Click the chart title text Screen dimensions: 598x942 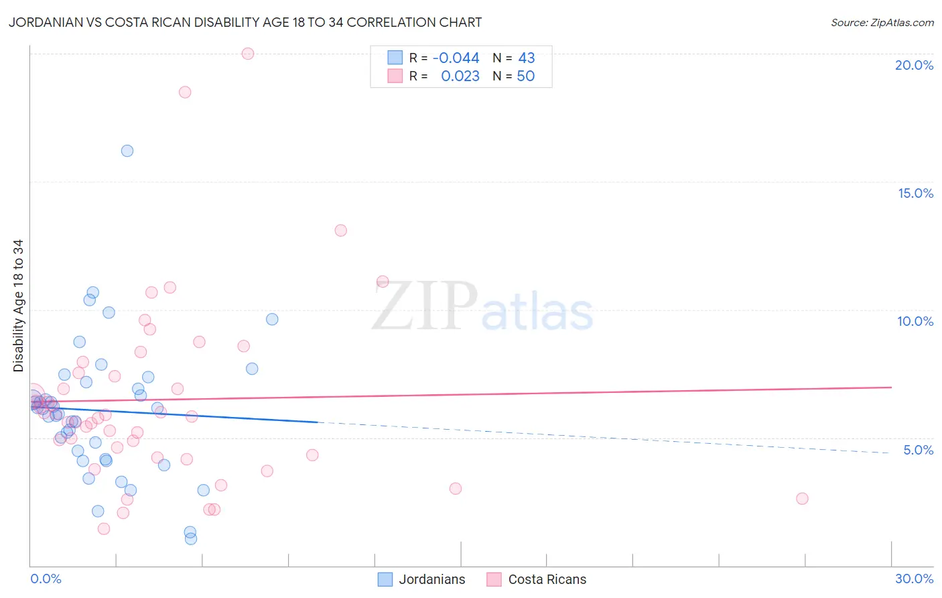pos(245,22)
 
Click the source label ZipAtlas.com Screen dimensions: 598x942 pos(882,22)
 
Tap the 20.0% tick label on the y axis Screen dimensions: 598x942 pos(914,65)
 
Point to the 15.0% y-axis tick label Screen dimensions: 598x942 pos(915,193)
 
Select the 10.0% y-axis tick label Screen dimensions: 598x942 pos(915,321)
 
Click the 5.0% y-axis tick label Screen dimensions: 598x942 pos(918,450)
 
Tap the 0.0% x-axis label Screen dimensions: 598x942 pos(46,579)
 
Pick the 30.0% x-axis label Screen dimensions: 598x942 pos(914,579)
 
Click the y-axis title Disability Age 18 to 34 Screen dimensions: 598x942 pos(18,306)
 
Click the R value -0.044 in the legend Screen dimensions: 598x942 pos(456,58)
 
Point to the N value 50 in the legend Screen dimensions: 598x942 pos(525,76)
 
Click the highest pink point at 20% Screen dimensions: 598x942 pos(248,54)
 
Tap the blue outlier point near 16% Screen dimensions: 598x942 pos(127,151)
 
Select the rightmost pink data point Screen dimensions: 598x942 pos(802,499)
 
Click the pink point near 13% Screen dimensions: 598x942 pos(340,231)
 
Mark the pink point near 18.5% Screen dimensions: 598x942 pos(185,92)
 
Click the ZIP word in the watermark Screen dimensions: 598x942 pos(425,307)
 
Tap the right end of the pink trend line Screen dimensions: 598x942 pos(891,387)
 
